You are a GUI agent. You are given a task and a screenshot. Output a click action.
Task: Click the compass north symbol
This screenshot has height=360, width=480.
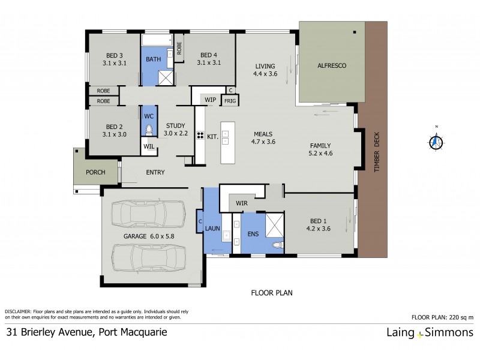click(436, 142)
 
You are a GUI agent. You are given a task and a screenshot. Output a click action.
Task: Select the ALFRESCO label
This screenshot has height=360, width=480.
click(332, 65)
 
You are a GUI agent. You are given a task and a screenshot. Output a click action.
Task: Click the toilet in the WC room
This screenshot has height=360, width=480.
click(149, 128)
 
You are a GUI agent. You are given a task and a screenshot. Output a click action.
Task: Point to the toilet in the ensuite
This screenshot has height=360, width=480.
click(277, 245)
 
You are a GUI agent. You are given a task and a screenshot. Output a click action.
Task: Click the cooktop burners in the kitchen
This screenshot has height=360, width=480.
click(200, 136)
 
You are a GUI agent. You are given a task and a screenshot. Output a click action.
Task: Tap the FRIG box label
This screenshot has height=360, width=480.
click(230, 101)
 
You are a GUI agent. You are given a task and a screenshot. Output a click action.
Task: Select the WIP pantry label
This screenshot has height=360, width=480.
click(210, 99)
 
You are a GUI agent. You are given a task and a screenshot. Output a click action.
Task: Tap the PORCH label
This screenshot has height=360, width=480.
click(95, 172)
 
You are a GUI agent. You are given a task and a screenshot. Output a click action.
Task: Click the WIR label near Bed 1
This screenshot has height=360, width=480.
click(242, 203)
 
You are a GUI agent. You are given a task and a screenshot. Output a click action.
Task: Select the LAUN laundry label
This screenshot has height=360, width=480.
click(212, 228)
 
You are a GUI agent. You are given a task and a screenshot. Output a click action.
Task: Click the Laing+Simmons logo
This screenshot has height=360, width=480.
click(429, 333)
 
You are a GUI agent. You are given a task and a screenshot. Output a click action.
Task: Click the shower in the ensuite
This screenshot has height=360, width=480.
click(274, 226)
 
